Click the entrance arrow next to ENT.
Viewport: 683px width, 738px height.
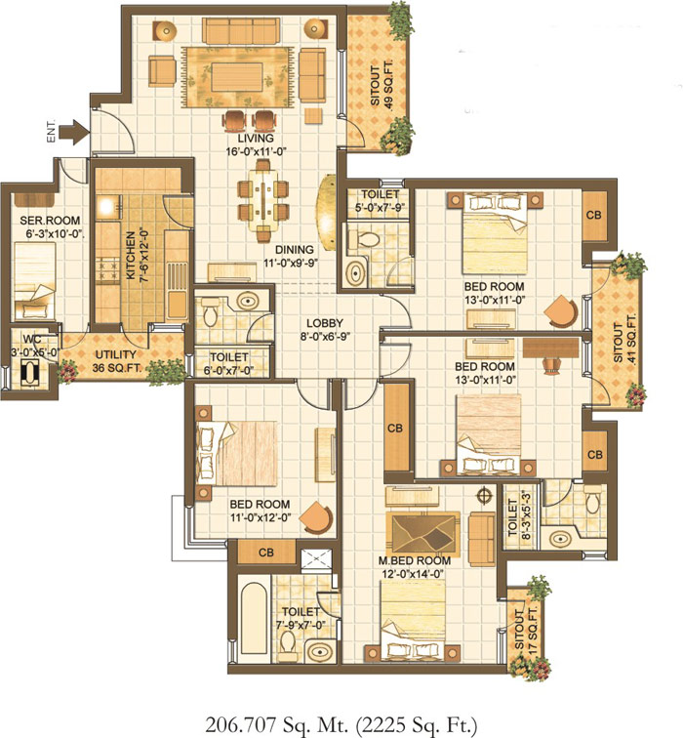coord(74,131)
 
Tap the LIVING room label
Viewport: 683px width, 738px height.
coord(256,139)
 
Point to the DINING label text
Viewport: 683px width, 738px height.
coord(294,250)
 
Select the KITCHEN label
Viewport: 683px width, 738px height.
coord(131,255)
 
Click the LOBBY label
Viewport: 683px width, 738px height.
coord(325,323)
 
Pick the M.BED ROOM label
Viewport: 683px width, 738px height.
coord(415,561)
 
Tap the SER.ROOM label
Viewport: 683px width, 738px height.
coord(50,221)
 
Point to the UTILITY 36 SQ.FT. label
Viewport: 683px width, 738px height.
coord(116,361)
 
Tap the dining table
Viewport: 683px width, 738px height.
coord(262,199)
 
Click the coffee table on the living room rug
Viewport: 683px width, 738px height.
coord(236,77)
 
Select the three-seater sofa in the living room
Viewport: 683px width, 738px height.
coord(241,30)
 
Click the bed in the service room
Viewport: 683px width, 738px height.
coord(35,281)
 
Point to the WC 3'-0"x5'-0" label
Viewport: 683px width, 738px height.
coord(35,346)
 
